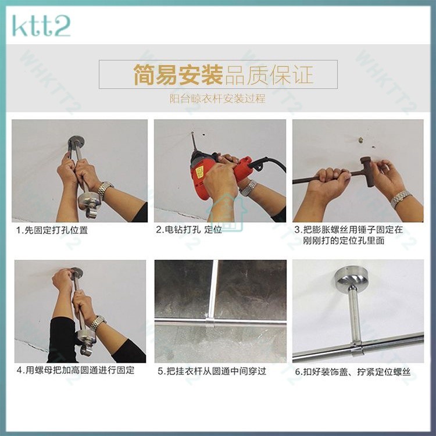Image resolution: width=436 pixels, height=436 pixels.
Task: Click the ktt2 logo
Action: click(x=41, y=26)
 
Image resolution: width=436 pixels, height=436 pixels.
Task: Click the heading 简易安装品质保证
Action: click(x=223, y=74)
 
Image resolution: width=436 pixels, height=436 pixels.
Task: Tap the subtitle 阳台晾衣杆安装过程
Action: click(x=218, y=99)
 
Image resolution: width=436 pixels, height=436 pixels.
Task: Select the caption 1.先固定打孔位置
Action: click(x=52, y=230)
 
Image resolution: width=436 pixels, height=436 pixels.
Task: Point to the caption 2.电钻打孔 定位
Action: click(x=189, y=230)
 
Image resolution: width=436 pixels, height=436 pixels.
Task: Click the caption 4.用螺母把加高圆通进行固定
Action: click(x=76, y=370)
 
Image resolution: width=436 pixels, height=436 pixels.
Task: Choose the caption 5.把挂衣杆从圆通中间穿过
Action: click(x=212, y=371)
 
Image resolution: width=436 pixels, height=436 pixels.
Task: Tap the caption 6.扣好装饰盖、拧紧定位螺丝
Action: click(x=353, y=372)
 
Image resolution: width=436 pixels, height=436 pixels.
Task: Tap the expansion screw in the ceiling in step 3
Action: click(x=360, y=140)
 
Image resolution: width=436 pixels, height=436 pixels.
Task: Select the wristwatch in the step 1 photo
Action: click(x=105, y=190)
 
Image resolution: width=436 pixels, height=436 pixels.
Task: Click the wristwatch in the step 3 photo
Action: click(x=400, y=199)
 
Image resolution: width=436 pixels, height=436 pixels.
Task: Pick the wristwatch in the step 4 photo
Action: click(x=97, y=323)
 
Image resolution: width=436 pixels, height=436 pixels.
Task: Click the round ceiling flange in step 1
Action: click(x=76, y=142)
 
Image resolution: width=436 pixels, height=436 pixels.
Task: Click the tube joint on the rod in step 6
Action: click(x=357, y=349)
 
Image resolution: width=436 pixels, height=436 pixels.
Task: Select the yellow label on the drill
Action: click(x=199, y=173)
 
